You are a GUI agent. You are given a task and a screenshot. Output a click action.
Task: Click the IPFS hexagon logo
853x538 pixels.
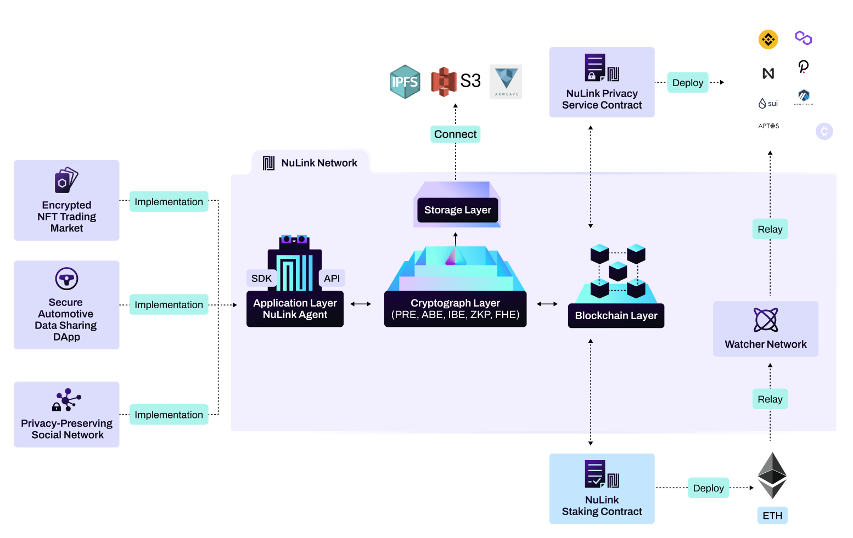405,82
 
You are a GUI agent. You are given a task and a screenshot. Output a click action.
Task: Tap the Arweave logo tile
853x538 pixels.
506,82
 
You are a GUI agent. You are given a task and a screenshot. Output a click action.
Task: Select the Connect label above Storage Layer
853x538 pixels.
455,134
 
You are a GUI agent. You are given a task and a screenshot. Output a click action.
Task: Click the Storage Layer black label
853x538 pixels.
457,210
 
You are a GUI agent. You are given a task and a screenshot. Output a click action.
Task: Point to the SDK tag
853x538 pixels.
261,278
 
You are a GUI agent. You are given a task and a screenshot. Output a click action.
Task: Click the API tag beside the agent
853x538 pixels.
332,278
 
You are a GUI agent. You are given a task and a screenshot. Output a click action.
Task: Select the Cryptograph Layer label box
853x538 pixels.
455,309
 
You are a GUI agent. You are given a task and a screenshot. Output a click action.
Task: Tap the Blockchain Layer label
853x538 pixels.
616,316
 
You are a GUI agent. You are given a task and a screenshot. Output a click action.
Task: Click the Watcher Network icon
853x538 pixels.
766,320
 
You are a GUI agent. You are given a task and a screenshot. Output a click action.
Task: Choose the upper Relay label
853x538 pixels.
770,229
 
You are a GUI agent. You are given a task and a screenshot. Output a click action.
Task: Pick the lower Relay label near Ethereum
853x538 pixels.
770,399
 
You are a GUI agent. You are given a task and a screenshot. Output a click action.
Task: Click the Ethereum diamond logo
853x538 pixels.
772,475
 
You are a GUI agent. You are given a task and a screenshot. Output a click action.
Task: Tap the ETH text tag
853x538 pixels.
772,516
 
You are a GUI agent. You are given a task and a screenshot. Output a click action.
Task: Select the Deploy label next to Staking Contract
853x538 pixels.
708,488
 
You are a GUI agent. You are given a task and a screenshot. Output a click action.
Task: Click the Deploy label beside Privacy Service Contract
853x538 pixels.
687,83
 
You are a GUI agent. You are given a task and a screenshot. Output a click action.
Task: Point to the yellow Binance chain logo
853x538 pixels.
768,39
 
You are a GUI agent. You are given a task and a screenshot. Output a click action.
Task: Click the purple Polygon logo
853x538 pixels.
803,38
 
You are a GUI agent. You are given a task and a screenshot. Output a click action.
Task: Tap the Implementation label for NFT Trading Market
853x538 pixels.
169,202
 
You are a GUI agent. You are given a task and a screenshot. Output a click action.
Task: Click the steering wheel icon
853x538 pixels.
66,279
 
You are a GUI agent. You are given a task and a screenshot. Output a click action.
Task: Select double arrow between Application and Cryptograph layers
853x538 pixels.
361,304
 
